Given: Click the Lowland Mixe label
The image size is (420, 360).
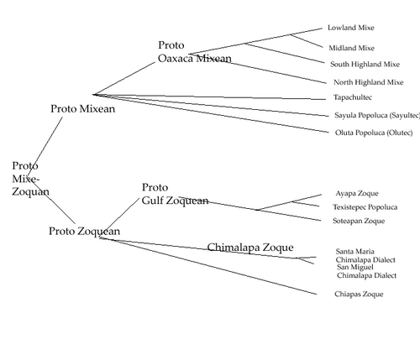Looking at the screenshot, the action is [x=351, y=28].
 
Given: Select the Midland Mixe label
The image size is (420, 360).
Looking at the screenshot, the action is [x=351, y=48].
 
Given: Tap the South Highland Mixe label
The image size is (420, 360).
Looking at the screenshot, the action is [x=365, y=65].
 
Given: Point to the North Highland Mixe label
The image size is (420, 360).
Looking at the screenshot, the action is [x=369, y=82].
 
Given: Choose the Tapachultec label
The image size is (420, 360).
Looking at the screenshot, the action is [x=353, y=97].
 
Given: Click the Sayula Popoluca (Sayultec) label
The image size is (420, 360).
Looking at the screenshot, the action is [x=377, y=115].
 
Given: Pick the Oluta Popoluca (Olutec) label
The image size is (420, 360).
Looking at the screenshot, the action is [x=374, y=133].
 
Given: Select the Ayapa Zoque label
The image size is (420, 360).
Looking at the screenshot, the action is [x=357, y=193].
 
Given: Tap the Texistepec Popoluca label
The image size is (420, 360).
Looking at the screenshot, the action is [x=365, y=207].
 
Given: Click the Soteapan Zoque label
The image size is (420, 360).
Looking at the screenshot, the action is [x=359, y=221].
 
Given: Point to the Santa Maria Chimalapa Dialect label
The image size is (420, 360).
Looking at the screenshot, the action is [x=365, y=256].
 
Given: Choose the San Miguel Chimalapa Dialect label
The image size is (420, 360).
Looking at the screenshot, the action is [x=366, y=271].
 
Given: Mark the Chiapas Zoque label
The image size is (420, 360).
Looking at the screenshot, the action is [x=359, y=294].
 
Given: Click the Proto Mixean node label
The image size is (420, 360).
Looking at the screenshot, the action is [x=83, y=109].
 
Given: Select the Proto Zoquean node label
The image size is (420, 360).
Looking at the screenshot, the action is [x=85, y=232].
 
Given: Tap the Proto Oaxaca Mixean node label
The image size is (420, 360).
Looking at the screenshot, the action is [x=195, y=52].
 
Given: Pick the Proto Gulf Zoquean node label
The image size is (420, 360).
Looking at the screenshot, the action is [x=175, y=194].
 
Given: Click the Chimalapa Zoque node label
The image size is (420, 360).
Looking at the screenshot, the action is [x=250, y=248].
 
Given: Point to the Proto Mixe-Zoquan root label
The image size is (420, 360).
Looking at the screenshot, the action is [x=30, y=179].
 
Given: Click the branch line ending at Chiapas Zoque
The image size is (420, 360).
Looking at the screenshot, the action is [x=208, y=266].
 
